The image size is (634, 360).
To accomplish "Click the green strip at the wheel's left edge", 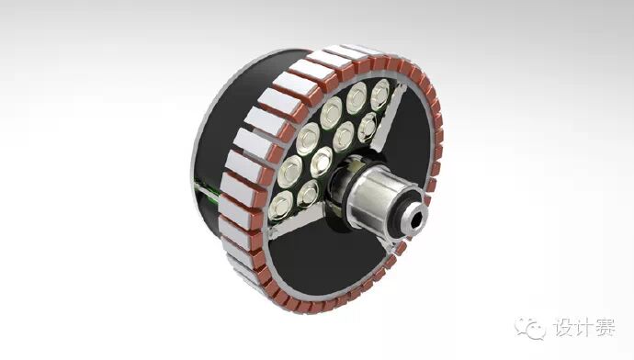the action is coord(206,190).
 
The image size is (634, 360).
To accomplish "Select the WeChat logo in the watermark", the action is coord(530,327).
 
